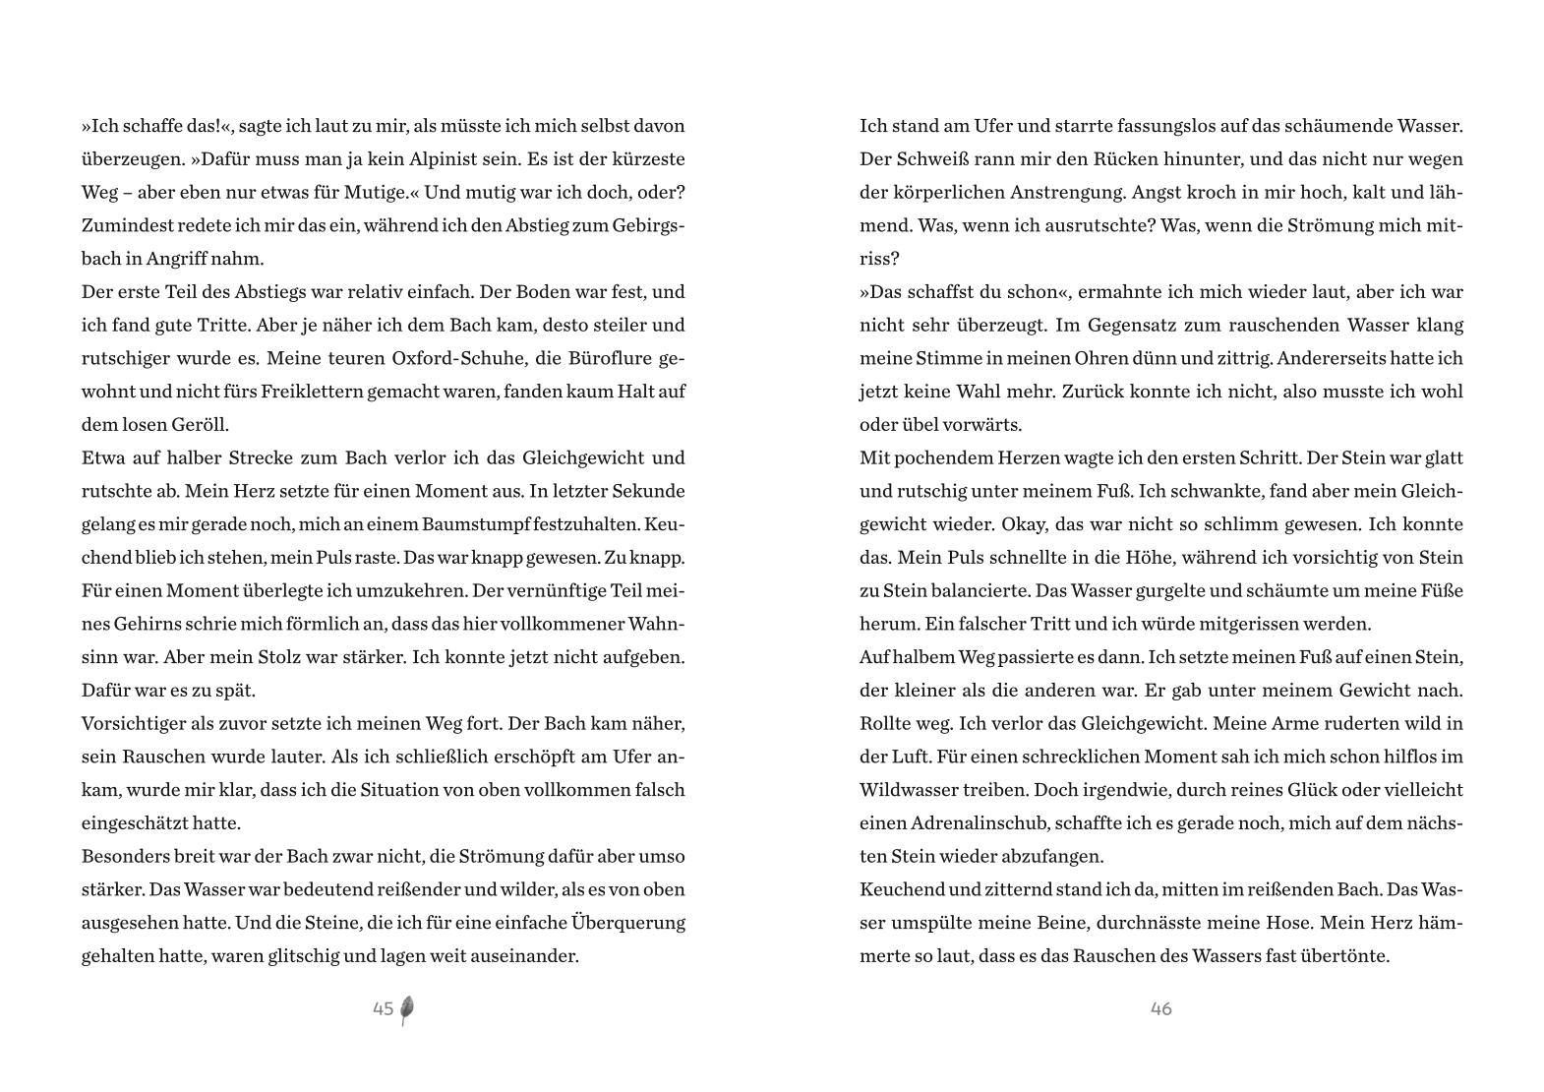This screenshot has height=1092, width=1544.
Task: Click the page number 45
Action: pyautogui.click(x=383, y=1008)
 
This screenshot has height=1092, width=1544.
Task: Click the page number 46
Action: pyautogui.click(x=1160, y=1008)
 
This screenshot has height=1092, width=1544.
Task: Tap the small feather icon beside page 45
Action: pyautogui.click(x=407, y=1010)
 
